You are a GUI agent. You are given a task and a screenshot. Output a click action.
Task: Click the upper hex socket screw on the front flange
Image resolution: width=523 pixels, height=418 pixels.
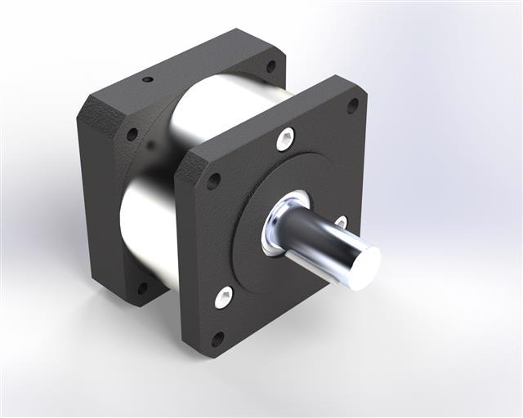[284, 140]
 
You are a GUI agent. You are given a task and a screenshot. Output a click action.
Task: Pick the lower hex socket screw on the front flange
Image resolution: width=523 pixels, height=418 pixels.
[223, 296]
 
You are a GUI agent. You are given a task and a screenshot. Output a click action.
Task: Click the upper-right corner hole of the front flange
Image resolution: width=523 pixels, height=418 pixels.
[352, 105]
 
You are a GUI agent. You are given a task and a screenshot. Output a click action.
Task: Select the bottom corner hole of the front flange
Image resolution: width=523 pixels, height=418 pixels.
[217, 338]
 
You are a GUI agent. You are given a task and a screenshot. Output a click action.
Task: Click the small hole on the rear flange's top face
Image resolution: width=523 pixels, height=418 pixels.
[148, 81]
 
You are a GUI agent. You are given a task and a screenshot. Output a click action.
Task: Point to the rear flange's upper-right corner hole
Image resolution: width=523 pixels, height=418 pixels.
[270, 67]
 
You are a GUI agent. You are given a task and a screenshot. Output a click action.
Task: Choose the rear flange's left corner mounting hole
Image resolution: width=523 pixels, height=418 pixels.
[131, 134]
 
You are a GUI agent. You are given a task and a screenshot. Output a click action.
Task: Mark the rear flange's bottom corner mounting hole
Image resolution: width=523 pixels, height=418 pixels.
[141, 287]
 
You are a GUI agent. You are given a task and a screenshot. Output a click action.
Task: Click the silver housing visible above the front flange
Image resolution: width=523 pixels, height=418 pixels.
[229, 106]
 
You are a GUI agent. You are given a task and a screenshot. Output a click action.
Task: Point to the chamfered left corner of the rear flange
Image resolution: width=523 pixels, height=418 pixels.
[90, 110]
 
